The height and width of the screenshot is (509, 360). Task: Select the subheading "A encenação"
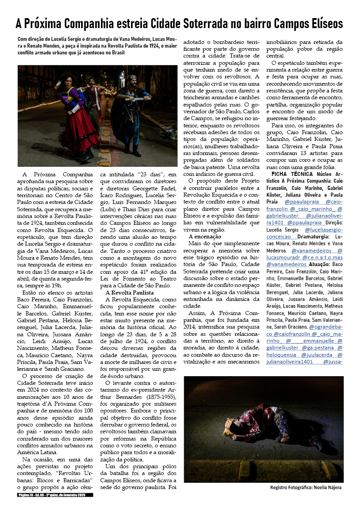[x=205, y=237]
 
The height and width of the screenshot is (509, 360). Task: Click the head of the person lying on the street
[x=234, y=426]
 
